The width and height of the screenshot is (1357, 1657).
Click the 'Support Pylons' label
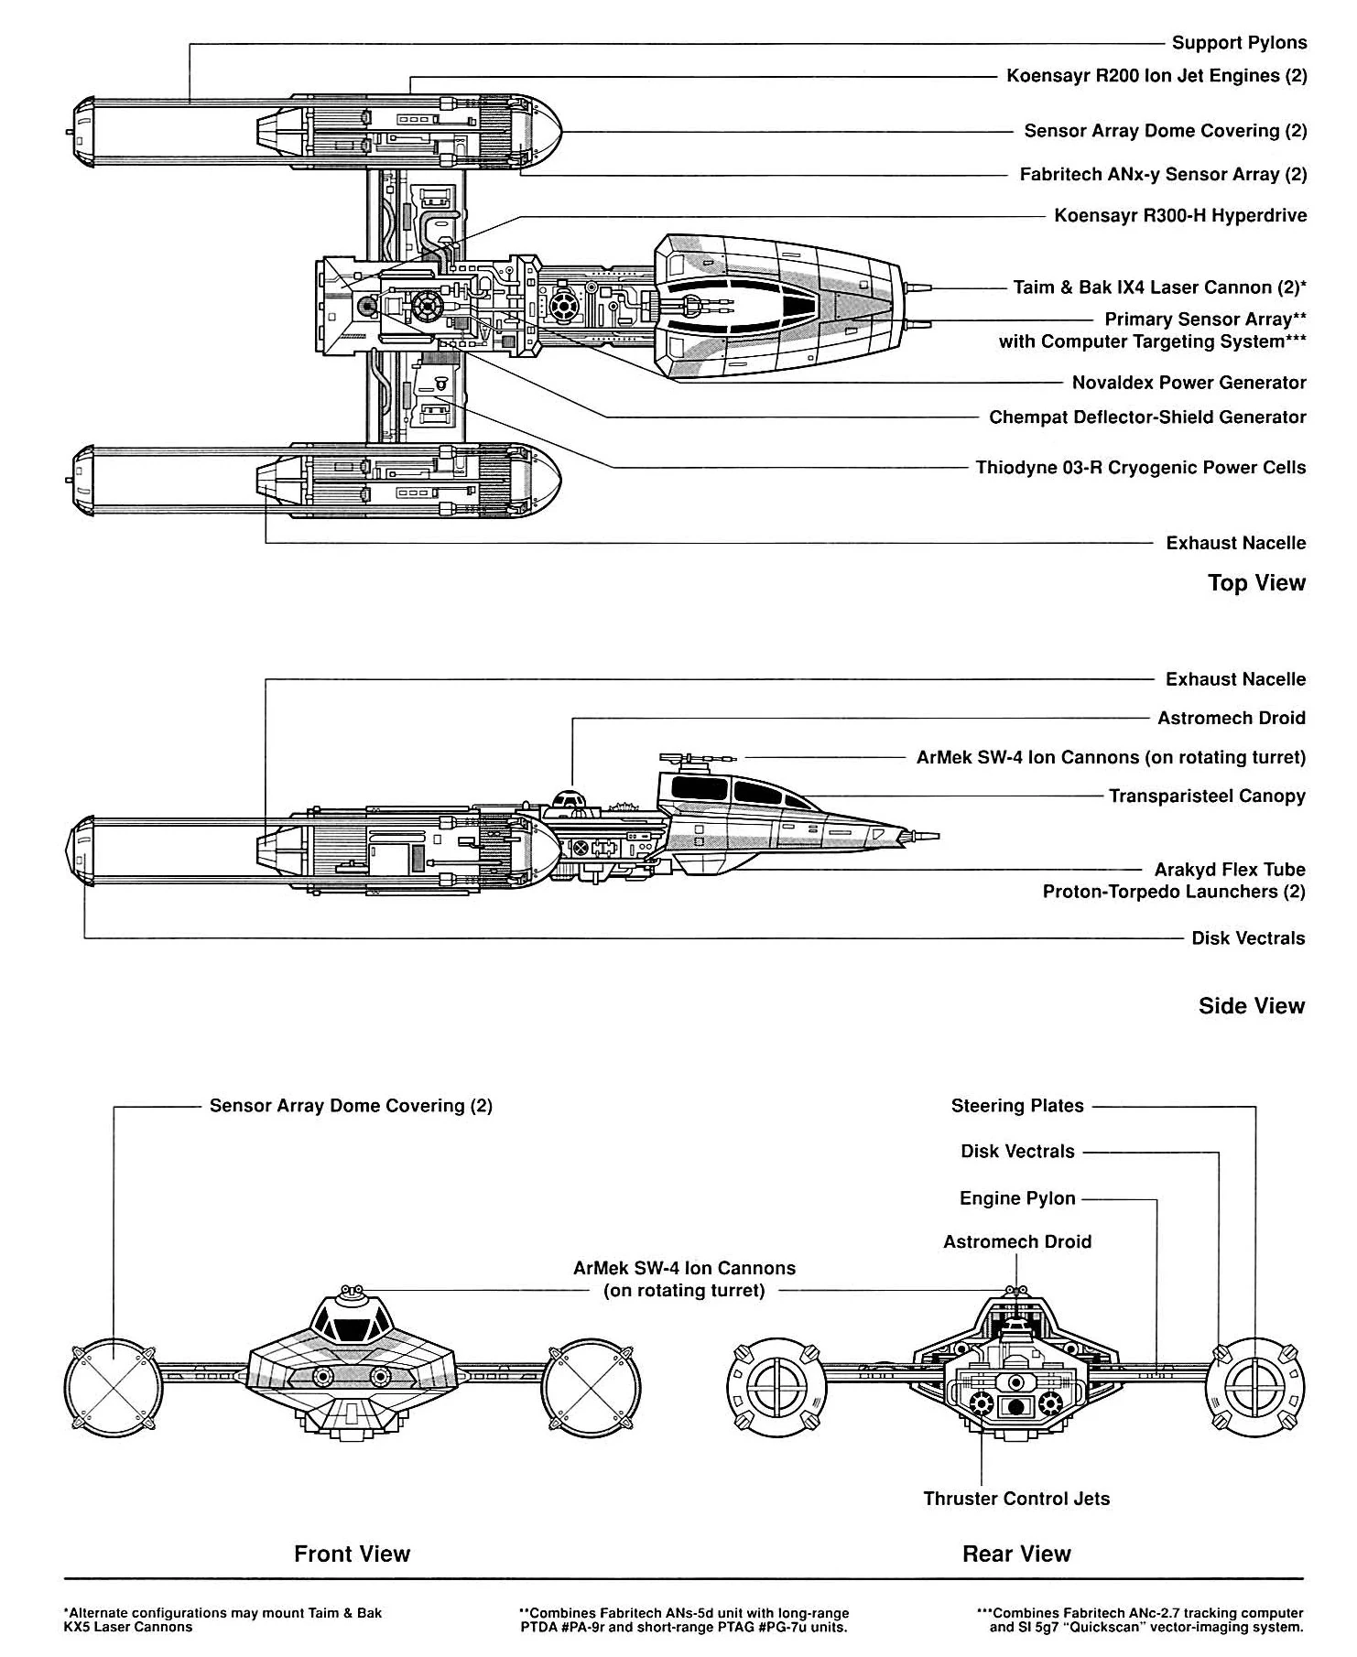1239,43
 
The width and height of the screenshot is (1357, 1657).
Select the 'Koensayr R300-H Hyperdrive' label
1180,216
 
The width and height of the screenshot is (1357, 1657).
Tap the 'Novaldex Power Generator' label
1189,383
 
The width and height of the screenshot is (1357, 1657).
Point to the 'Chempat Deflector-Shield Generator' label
1147,417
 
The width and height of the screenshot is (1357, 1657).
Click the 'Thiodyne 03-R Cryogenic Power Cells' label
1140,468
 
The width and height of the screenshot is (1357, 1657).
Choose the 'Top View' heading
1256,583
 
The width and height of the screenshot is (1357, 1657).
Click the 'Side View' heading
1251,1006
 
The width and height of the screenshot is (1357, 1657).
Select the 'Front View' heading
352,1554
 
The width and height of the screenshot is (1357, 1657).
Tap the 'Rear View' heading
1016,1554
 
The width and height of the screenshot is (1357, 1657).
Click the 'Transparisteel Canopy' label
1207,796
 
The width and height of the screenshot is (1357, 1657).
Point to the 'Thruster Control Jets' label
1016,1499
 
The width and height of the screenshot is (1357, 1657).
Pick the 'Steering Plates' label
1017,1106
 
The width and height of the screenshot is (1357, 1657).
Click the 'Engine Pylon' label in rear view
1017,1198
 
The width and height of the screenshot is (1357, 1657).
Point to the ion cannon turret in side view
696,759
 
